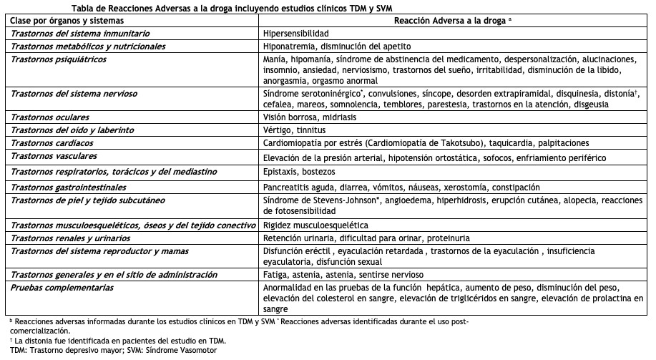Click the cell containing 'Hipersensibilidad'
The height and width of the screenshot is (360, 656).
296,34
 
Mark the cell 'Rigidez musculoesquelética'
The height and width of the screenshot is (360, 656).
311,225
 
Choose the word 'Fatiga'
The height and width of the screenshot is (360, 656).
275,274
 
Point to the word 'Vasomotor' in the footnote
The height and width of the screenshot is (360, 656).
195,350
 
